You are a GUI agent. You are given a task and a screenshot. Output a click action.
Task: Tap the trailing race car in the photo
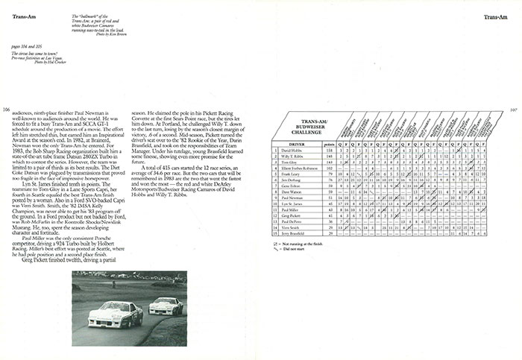point(168,306)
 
